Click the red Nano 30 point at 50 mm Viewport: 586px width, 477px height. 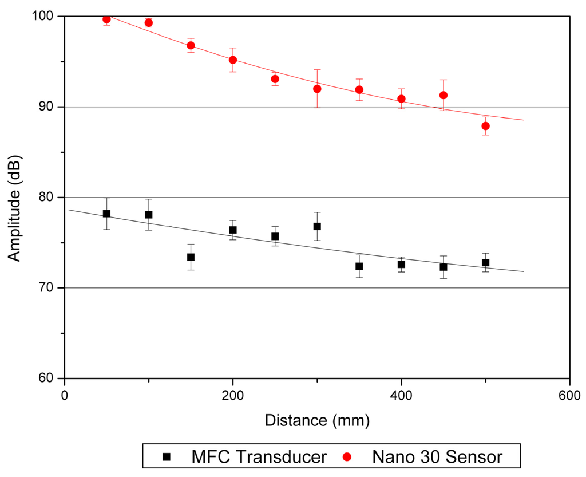(106, 19)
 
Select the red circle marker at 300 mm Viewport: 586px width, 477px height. (317, 89)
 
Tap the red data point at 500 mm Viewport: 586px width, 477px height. (485, 126)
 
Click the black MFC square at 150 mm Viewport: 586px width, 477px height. (191, 257)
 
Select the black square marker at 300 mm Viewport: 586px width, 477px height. (317, 226)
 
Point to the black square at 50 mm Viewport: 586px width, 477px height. (106, 214)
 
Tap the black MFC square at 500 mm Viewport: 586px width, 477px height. (485, 263)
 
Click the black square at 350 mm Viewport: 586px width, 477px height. (359, 266)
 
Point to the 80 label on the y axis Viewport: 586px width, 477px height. (48, 198)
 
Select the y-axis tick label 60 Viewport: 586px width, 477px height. (48, 379)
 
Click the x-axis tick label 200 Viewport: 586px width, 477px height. (233, 395)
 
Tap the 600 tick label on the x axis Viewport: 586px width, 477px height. (569, 395)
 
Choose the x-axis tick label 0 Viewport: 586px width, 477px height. (65, 395)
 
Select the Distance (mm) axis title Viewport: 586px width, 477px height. (317, 421)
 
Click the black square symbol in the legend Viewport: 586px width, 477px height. (166, 457)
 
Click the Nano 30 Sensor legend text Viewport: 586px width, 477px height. (437, 457)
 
